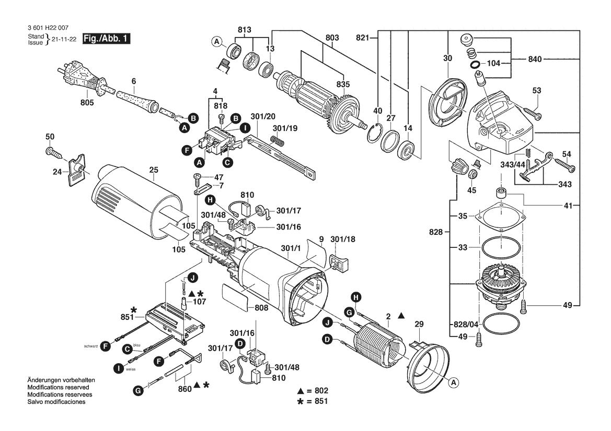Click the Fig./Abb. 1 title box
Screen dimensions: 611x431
(107, 39)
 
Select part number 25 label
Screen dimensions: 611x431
(154, 170)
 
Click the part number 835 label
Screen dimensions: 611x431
(343, 85)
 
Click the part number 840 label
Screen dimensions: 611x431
(535, 59)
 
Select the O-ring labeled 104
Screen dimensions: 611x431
(476, 64)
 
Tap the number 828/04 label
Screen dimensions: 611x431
(466, 324)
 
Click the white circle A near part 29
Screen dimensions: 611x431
(453, 383)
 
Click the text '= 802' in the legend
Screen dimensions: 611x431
(318, 390)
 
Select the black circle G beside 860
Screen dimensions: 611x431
(138, 390)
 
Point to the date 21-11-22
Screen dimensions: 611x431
(64, 39)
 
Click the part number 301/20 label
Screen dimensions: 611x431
(263, 116)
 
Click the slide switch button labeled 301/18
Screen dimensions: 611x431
(338, 260)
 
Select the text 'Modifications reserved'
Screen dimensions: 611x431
(58, 388)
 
